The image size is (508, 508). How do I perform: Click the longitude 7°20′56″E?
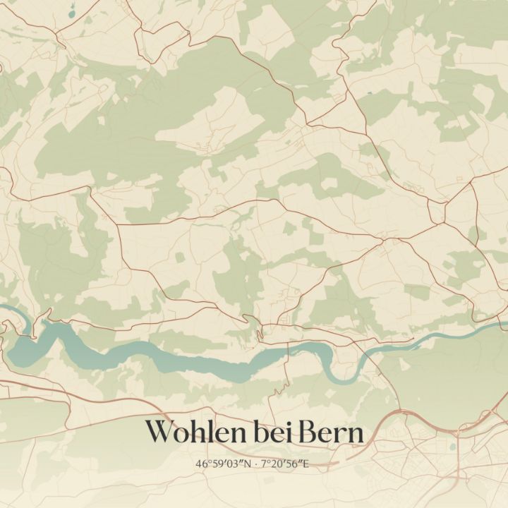[x=285, y=464]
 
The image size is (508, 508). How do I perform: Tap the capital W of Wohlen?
[x=160, y=432]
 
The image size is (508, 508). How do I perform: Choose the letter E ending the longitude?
[x=306, y=464]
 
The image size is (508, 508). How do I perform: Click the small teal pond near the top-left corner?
[x=72, y=14]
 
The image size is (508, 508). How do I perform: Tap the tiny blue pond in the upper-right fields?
[x=369, y=93]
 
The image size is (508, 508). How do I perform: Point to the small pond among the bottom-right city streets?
[x=452, y=447]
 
